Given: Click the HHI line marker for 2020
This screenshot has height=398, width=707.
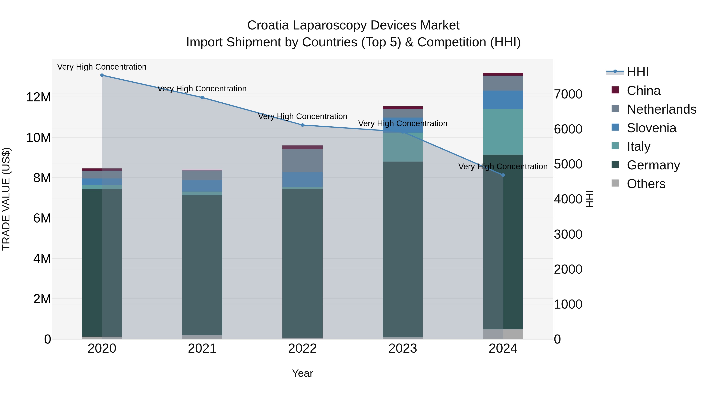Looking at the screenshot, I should pyautogui.click(x=102, y=75).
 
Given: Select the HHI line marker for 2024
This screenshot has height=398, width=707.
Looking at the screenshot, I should pyautogui.click(x=503, y=175).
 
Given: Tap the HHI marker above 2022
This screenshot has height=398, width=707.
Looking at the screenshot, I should pyautogui.click(x=302, y=125).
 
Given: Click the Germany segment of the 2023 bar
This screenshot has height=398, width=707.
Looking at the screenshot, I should pyautogui.click(x=403, y=247).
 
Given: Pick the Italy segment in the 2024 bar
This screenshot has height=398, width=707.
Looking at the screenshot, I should pyautogui.click(x=503, y=132).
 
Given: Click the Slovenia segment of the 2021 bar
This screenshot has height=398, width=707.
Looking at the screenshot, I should pyautogui.click(x=202, y=186).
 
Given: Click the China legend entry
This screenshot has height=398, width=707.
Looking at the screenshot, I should pyautogui.click(x=643, y=91).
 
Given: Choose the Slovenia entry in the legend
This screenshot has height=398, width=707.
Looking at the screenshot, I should pyautogui.click(x=651, y=128).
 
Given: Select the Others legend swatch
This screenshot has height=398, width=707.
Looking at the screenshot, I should pyautogui.click(x=615, y=183).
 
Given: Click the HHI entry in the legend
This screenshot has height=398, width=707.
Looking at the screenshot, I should pyautogui.click(x=637, y=72).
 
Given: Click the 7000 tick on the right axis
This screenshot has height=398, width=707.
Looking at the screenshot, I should pyautogui.click(x=568, y=94).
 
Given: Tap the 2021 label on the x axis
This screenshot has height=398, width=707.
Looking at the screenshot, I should pyautogui.click(x=202, y=348).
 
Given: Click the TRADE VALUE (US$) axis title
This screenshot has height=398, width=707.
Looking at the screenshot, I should pyautogui.click(x=6, y=199).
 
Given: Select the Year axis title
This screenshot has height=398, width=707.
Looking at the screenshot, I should pyautogui.click(x=302, y=373).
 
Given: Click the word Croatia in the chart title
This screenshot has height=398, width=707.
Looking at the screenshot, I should pyautogui.click(x=268, y=25).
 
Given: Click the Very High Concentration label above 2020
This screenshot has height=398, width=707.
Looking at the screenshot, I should pyautogui.click(x=102, y=67).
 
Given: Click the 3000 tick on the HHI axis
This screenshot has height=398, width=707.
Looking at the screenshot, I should pyautogui.click(x=568, y=234).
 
